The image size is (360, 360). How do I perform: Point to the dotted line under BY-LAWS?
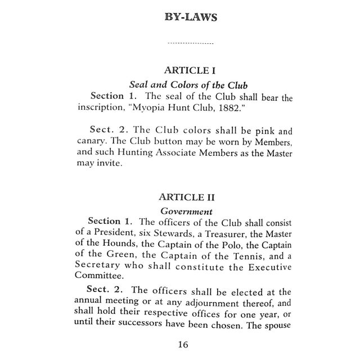tap(191, 43)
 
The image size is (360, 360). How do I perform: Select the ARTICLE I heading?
tap(190, 71)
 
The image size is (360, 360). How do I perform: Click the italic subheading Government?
tap(186, 211)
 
